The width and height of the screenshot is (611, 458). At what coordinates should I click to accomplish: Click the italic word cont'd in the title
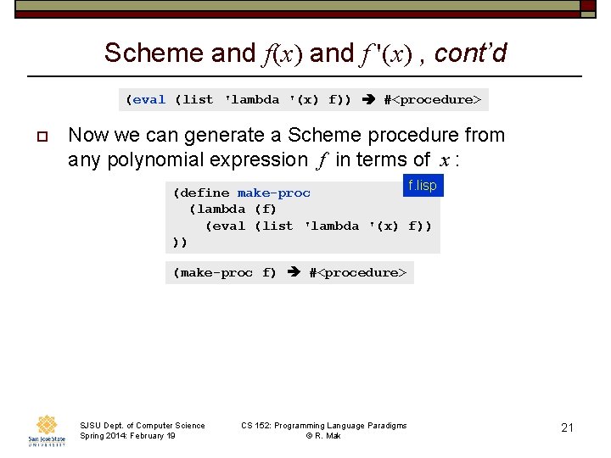coord(470,53)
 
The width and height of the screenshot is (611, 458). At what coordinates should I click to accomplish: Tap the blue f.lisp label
coord(423,186)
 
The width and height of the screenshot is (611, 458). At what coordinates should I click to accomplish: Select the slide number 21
coord(568,427)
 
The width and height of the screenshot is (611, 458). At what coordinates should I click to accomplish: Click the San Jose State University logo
coord(46,429)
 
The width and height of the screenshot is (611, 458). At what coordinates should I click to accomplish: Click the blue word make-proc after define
coord(274,193)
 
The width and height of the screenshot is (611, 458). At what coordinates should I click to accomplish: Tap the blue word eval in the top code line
coord(149,100)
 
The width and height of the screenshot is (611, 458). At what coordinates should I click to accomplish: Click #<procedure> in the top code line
coord(432,100)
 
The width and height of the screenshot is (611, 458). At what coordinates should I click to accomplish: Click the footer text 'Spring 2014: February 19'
coord(127,436)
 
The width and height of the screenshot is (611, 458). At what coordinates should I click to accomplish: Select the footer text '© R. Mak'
coord(323,436)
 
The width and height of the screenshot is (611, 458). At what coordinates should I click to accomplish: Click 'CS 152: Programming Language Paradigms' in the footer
coord(323,425)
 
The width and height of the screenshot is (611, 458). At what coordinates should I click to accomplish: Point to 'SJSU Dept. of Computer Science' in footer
coord(142,425)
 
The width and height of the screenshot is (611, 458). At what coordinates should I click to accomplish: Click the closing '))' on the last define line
coord(180,243)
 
